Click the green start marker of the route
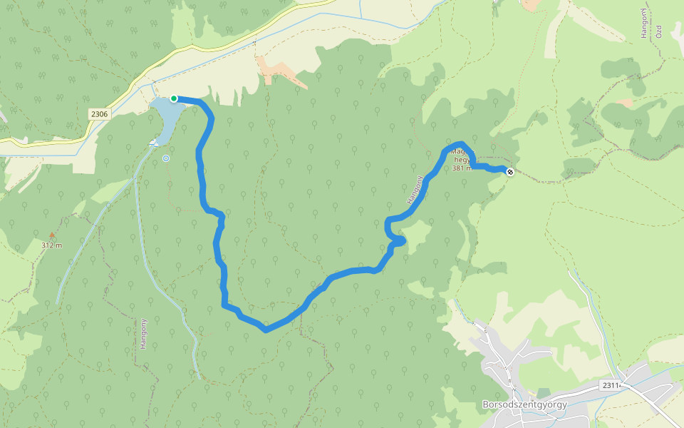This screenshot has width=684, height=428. pyautogui.click(x=174, y=98)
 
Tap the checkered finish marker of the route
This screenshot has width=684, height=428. pyautogui.click(x=510, y=171)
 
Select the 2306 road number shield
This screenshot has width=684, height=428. pyautogui.click(x=100, y=114)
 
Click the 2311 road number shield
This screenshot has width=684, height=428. pyautogui.click(x=611, y=385)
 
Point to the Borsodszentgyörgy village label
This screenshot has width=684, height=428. pyautogui.click(x=524, y=404)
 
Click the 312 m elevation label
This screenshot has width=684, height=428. pyautogui.click(x=51, y=245)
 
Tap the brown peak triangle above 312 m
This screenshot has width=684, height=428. pyautogui.click(x=51, y=234)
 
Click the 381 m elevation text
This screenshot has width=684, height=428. pyautogui.click(x=462, y=169)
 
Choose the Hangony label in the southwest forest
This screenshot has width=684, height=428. pyautogui.click(x=143, y=333)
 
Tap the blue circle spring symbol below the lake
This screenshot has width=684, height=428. pyautogui.click(x=166, y=158)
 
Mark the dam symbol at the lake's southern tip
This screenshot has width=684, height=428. pyautogui.click(x=153, y=144)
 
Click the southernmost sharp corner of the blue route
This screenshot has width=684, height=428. pyautogui.click(x=265, y=330)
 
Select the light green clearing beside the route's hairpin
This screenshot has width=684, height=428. pyautogui.click(x=415, y=232)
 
